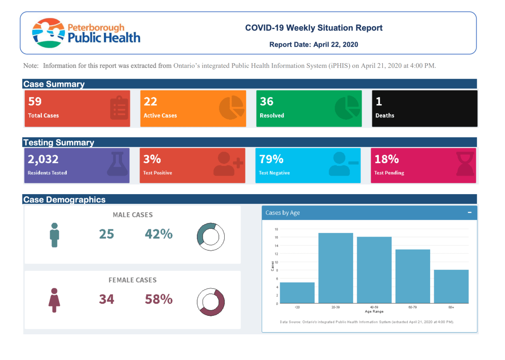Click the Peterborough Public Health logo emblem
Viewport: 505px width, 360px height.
(48, 32)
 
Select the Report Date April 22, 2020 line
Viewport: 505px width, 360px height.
(314, 44)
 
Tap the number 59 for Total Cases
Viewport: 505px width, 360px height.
(35, 101)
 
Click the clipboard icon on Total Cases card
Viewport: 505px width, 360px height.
(119, 108)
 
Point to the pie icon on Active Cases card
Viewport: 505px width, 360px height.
(231, 108)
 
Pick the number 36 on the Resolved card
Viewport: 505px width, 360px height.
(266, 101)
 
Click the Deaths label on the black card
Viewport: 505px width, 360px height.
(385, 115)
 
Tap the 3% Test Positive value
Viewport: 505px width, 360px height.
(152, 159)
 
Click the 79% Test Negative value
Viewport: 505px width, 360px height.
(271, 159)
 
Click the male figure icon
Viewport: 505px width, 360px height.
(54, 235)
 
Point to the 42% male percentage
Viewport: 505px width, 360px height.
(159, 234)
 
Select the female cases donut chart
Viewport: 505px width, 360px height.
(211, 302)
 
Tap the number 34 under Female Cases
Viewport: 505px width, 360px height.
(106, 299)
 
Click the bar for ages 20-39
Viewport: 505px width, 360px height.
(335, 268)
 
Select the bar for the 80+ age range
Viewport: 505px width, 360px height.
(451, 286)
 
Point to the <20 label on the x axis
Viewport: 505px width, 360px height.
(297, 307)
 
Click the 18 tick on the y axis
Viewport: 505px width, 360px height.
(276, 229)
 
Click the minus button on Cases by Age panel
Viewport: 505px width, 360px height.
(470, 213)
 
